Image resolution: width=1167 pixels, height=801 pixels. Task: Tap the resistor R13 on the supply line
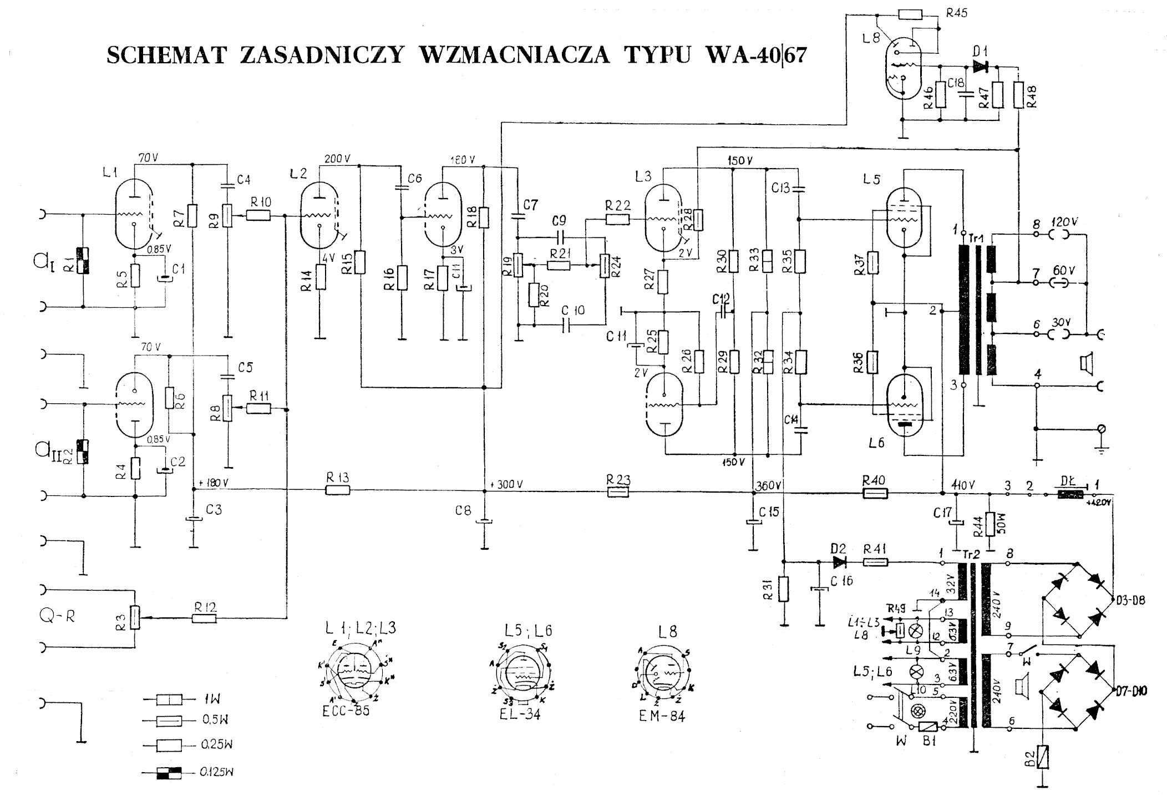tap(338, 490)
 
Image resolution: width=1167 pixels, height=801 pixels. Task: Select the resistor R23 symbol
tap(618, 491)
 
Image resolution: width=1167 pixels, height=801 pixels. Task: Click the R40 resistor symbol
tap(875, 492)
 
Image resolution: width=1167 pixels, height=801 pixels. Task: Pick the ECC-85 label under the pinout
tap(346, 711)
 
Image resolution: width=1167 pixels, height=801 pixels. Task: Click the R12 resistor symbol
tap(204, 618)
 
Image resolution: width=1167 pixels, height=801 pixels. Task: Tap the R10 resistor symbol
tap(258, 215)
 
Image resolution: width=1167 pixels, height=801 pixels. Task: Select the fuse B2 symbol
tap(1045, 757)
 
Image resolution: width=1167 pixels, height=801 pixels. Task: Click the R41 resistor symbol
tap(876, 562)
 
